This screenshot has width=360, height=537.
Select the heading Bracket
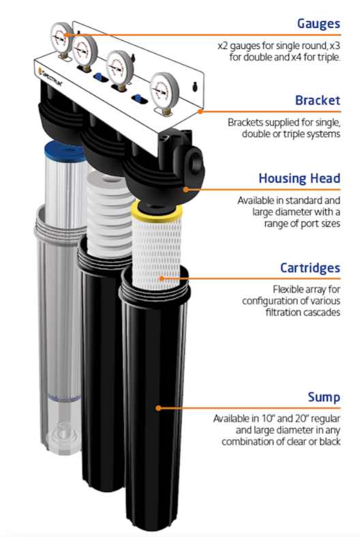pyautogui.click(x=317, y=100)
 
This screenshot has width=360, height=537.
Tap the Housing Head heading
pyautogui.click(x=299, y=179)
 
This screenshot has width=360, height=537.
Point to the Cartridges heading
pyautogui.click(x=310, y=268)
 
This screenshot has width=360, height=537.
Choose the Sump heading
pyautogui.click(x=324, y=397)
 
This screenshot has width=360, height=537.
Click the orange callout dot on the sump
pyautogui.click(x=158, y=407)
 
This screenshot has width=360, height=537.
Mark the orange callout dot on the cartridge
pyautogui.click(x=161, y=278)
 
